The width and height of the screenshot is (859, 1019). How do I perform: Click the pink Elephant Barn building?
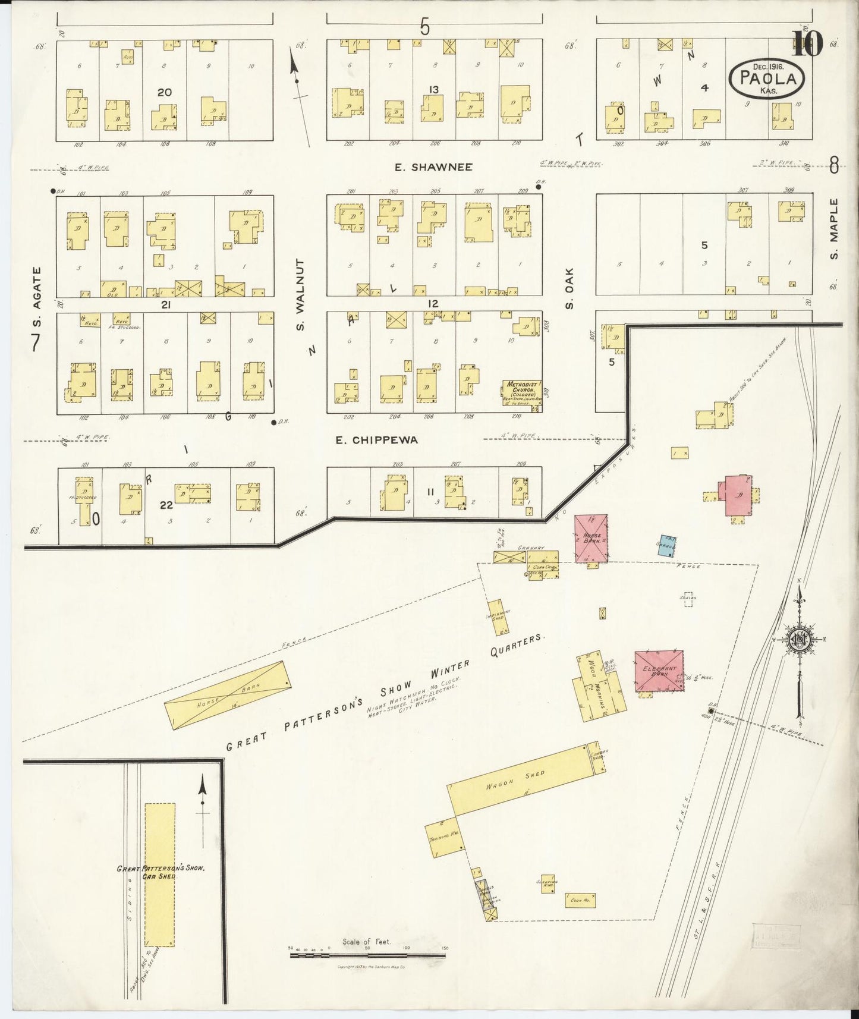659,670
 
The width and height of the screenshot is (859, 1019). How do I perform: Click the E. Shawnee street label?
434,168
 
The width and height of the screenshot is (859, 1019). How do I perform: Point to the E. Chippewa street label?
376,441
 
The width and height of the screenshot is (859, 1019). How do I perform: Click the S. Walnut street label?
301,295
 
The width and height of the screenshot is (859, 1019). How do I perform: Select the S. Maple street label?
833,229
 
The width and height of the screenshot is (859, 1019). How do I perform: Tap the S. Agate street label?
37,297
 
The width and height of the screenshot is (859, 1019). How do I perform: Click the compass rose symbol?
799,640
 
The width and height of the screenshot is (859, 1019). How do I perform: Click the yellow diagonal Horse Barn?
228,695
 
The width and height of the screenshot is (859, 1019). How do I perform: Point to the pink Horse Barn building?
591,538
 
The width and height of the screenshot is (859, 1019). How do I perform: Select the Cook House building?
580,900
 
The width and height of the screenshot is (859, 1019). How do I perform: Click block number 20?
165,92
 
